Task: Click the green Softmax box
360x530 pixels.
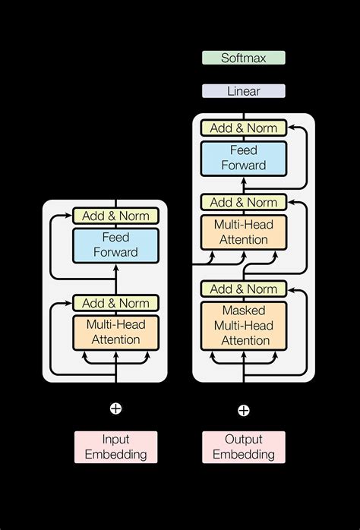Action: point(243,58)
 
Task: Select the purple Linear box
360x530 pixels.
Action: point(243,91)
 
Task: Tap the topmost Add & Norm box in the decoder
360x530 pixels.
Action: point(243,128)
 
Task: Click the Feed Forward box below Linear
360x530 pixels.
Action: point(243,158)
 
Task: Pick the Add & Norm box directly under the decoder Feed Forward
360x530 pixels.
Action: point(243,202)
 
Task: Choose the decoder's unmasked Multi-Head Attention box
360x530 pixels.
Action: point(243,232)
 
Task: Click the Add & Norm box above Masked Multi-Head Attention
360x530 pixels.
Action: point(243,289)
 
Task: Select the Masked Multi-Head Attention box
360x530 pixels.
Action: point(243,326)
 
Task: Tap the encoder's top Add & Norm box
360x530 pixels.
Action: point(115,216)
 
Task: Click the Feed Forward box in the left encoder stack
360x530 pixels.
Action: point(115,245)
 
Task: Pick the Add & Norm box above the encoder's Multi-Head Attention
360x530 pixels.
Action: point(115,302)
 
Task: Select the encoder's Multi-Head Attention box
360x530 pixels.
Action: point(115,332)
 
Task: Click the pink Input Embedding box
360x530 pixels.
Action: point(115,447)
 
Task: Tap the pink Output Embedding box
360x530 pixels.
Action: point(243,447)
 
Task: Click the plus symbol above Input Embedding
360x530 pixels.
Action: point(115,409)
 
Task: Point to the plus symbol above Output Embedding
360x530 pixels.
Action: point(243,411)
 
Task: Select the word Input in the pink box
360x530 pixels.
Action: point(115,440)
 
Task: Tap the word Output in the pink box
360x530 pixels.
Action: point(243,440)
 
